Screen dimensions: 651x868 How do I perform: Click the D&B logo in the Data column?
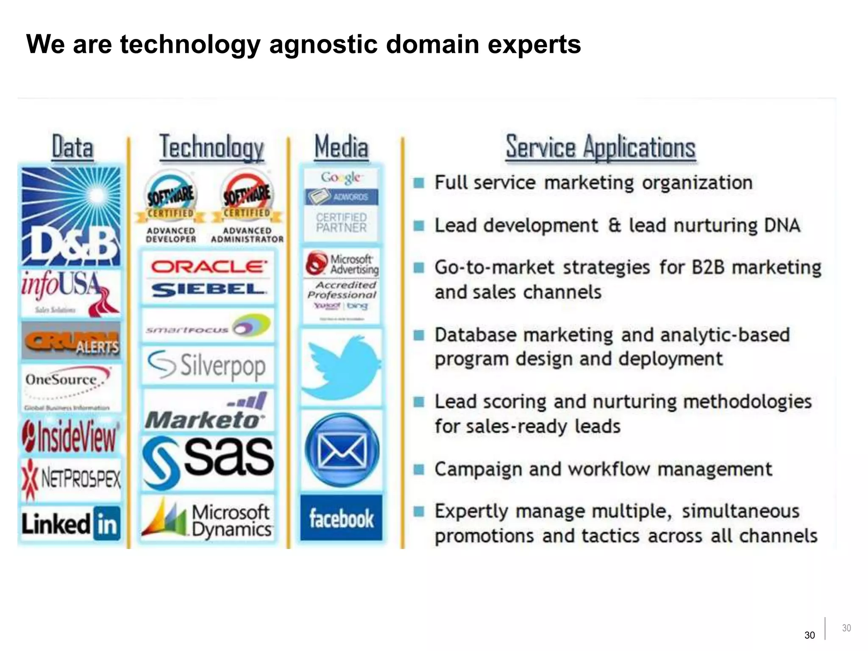click(x=71, y=217)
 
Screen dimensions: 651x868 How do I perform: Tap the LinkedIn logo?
click(x=71, y=524)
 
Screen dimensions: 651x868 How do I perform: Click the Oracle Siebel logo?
click(x=208, y=278)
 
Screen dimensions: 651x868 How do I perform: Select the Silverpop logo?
click(x=207, y=365)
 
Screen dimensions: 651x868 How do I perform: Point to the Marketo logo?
click(x=207, y=411)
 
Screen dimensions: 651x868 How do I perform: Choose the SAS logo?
click(x=208, y=462)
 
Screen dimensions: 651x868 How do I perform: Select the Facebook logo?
click(x=341, y=518)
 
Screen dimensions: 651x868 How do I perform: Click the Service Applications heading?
click(x=601, y=147)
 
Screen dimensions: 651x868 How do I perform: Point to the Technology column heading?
click(x=211, y=147)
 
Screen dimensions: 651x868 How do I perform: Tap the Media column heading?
click(x=341, y=147)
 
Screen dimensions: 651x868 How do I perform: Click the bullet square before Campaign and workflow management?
click(x=419, y=470)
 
